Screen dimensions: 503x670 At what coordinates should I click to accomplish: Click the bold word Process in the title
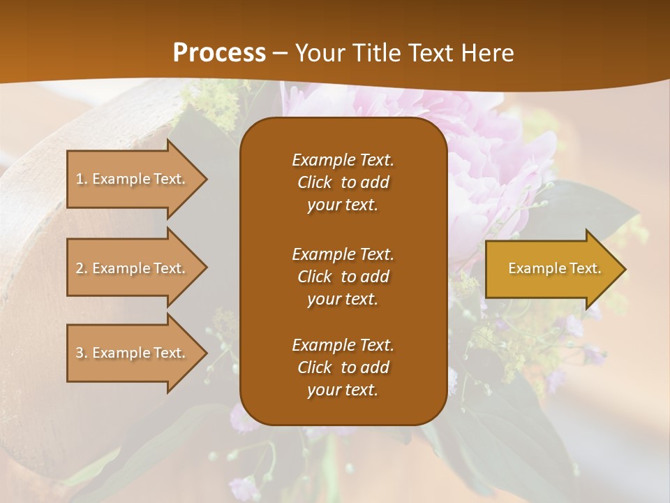click(219, 52)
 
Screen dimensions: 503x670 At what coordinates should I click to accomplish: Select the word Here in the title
click(486, 52)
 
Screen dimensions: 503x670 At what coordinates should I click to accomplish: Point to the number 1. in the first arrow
click(81, 179)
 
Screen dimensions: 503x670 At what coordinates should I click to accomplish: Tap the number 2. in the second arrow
click(81, 268)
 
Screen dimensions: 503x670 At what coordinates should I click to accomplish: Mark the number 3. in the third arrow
click(81, 353)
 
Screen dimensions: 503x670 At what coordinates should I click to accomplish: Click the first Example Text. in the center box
click(343, 160)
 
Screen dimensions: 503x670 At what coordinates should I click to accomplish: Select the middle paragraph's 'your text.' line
click(343, 299)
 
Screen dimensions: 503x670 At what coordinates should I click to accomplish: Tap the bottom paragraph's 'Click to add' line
click(343, 367)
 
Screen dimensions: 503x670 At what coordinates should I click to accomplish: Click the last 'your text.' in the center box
click(343, 390)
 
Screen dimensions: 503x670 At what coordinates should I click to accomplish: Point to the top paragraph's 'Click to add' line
click(343, 182)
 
